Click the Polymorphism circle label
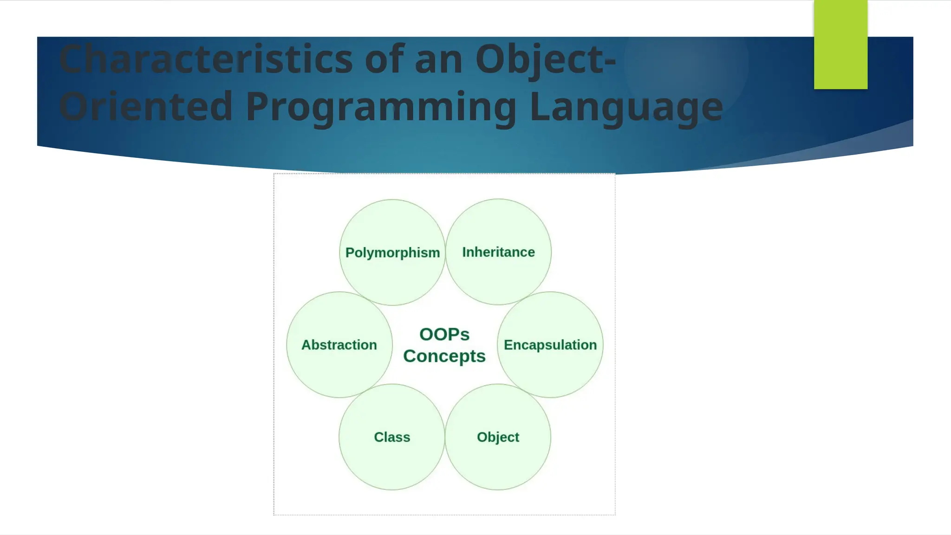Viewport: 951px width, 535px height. pos(392,253)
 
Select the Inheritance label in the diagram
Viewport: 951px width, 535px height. pos(498,252)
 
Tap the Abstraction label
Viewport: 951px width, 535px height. pos(339,345)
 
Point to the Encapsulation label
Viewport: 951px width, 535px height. pos(550,345)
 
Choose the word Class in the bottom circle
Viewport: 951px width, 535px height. pos(392,437)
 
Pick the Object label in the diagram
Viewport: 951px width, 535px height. pos(498,437)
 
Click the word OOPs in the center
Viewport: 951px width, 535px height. pos(444,334)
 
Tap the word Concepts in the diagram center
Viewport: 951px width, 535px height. pos(444,356)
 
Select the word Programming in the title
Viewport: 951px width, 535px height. pos(381,106)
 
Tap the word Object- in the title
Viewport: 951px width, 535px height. pos(546,59)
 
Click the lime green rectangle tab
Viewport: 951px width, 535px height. pos(840,45)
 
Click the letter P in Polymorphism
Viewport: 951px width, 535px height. pos(350,253)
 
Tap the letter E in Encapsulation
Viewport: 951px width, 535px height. pos(508,345)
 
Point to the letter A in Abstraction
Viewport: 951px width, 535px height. pos(306,345)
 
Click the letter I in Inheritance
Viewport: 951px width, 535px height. pos(464,252)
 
